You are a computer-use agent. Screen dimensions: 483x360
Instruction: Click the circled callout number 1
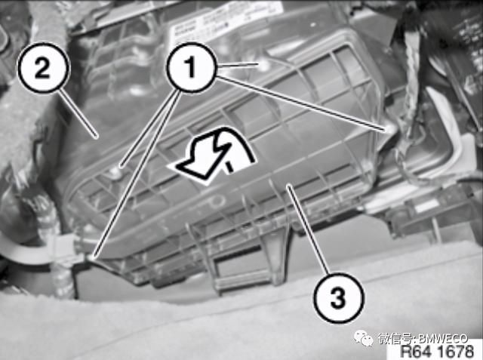point(190,67)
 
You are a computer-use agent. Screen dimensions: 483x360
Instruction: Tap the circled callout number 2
point(42,68)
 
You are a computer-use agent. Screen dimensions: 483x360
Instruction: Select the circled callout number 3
point(339,297)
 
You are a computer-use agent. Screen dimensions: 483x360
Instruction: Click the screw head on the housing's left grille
point(116,171)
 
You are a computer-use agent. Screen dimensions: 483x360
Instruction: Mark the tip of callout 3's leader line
point(288,185)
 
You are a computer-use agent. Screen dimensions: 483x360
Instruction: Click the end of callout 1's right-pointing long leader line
point(385,130)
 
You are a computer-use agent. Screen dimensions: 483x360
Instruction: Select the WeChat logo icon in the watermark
point(365,338)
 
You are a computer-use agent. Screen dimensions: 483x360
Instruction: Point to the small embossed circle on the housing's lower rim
point(217,201)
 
